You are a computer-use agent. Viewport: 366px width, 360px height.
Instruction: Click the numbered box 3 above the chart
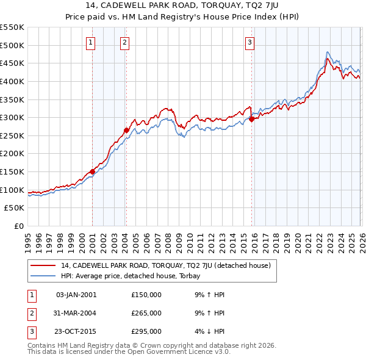(250, 42)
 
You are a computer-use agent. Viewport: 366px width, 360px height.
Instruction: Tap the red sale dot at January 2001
(92, 171)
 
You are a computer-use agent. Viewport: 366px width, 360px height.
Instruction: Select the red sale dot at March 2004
(126, 130)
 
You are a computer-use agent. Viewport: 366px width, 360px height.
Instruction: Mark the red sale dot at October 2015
(251, 120)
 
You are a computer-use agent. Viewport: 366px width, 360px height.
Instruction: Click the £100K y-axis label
(12, 190)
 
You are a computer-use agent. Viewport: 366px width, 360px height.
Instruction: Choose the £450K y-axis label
(12, 63)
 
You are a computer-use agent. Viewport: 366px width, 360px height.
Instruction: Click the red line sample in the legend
(43, 265)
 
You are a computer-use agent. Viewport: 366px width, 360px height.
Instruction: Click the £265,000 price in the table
(146, 313)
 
